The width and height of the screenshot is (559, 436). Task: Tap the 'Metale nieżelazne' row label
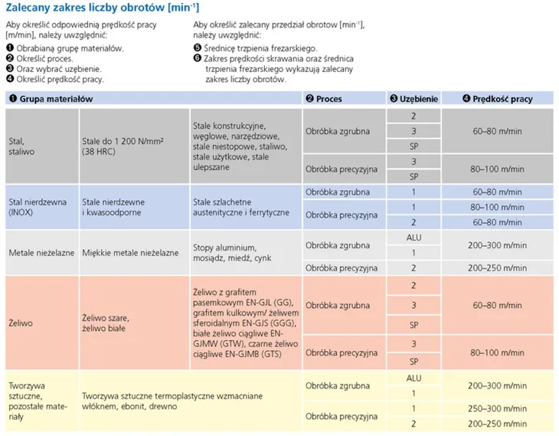click(41, 252)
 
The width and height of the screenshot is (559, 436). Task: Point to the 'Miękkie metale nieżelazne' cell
click(130, 252)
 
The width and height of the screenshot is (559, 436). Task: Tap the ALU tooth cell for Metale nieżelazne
click(414, 238)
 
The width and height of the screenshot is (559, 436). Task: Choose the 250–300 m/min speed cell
click(497, 408)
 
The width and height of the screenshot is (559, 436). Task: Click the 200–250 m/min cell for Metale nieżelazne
click(497, 268)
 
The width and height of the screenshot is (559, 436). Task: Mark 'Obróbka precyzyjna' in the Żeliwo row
click(342, 352)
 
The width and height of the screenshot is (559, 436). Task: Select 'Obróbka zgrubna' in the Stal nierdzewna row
click(338, 192)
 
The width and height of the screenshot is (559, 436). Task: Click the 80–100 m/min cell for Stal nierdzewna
click(497, 207)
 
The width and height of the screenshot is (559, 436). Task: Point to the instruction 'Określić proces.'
click(43, 58)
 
